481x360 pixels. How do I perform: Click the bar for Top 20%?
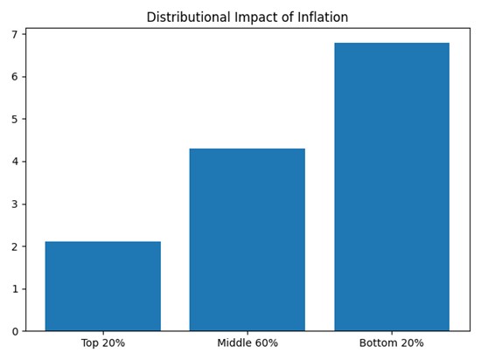[x=103, y=286]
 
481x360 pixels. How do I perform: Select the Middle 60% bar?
[x=247, y=239]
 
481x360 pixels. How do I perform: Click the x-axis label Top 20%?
[x=103, y=343]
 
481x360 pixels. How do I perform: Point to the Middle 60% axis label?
[x=247, y=343]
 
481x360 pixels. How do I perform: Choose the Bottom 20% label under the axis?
[x=392, y=343]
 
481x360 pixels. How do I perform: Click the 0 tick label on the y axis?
[x=14, y=331]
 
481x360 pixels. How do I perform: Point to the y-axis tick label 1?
[x=14, y=289]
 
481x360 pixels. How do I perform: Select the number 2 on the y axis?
[x=14, y=246]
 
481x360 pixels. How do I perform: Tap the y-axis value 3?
[x=14, y=204]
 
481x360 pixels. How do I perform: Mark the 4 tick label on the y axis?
[x=14, y=162]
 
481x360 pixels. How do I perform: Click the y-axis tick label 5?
[x=14, y=120]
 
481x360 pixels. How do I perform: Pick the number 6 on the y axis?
[x=14, y=77]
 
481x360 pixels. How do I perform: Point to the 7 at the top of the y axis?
[x=14, y=35]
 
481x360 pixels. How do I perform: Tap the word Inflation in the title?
[x=320, y=17]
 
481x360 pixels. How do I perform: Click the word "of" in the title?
[x=280, y=17]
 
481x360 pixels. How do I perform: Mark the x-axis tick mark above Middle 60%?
[x=247, y=333]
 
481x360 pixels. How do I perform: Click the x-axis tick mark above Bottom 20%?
[x=392, y=333]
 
